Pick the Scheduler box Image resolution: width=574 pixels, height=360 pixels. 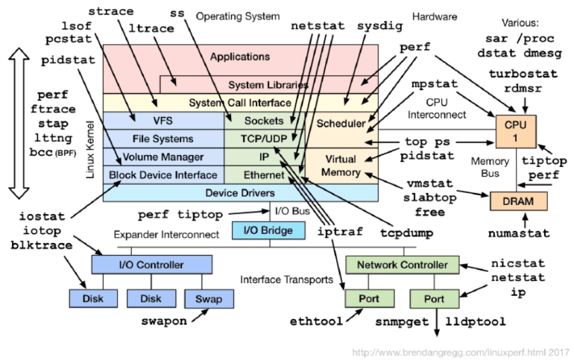[x=340, y=123]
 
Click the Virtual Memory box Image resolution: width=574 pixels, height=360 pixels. [x=340, y=165]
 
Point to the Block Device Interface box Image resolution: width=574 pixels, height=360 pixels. [x=163, y=175]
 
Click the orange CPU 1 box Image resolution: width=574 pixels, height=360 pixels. [x=514, y=133]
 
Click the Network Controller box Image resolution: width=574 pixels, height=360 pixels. [x=403, y=265]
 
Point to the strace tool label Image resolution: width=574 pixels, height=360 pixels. [x=113, y=12]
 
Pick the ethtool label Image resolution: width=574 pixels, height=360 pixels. [x=315, y=322]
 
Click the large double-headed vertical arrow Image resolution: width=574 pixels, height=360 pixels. [x=19, y=124]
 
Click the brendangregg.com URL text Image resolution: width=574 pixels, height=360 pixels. [x=458, y=351]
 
